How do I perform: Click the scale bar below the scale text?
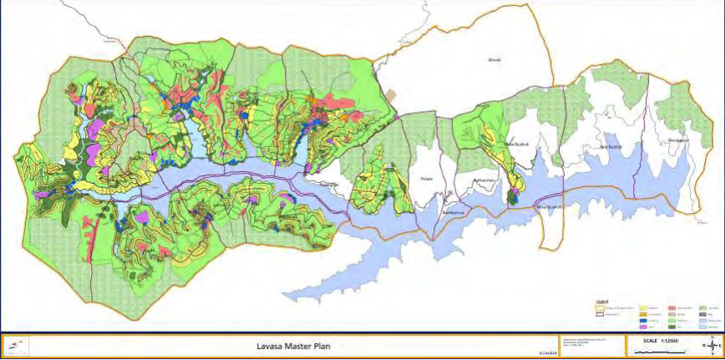point(660,351)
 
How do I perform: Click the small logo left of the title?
point(18,344)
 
